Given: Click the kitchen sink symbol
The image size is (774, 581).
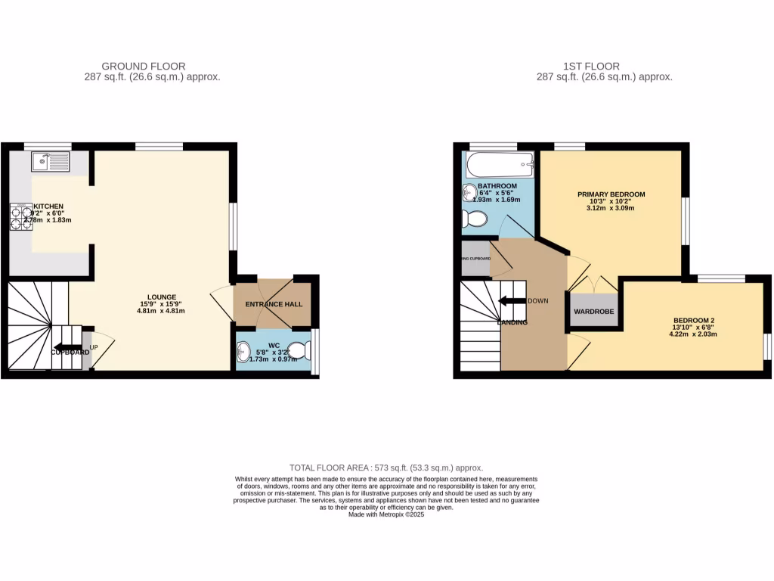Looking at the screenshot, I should click(51, 160).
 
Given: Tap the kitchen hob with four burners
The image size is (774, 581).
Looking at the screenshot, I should click(20, 217).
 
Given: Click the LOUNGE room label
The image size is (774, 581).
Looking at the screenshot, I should click(163, 297).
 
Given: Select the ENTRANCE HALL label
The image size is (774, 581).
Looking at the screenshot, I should click(273, 304).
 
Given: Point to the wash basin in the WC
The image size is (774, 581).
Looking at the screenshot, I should click(244, 352).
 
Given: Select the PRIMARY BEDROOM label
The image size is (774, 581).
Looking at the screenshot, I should click(611, 194).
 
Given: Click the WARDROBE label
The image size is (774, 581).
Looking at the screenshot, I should click(593, 312).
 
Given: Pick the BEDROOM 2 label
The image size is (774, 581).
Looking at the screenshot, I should click(691, 320).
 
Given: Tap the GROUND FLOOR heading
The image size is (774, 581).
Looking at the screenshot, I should click(144, 67).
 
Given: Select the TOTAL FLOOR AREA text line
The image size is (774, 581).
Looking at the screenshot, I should click(386, 468).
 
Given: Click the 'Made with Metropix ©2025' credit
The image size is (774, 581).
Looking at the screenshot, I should click(386, 514).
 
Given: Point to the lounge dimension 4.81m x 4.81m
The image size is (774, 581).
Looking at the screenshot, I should click(163, 310).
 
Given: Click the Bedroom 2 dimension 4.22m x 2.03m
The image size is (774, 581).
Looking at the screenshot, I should click(691, 334).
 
